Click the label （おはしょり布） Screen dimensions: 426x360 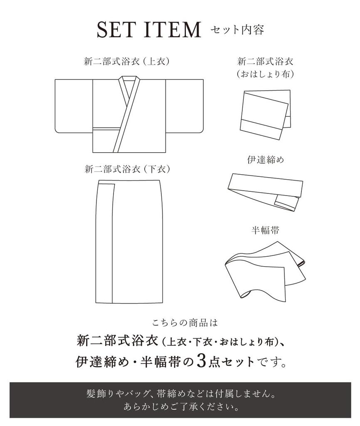[x=265, y=74]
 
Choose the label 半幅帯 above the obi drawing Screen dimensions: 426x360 [x=265, y=230]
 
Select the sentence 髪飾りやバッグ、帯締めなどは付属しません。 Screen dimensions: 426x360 [x=180, y=394]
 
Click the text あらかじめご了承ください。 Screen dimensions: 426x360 [x=180, y=406]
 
